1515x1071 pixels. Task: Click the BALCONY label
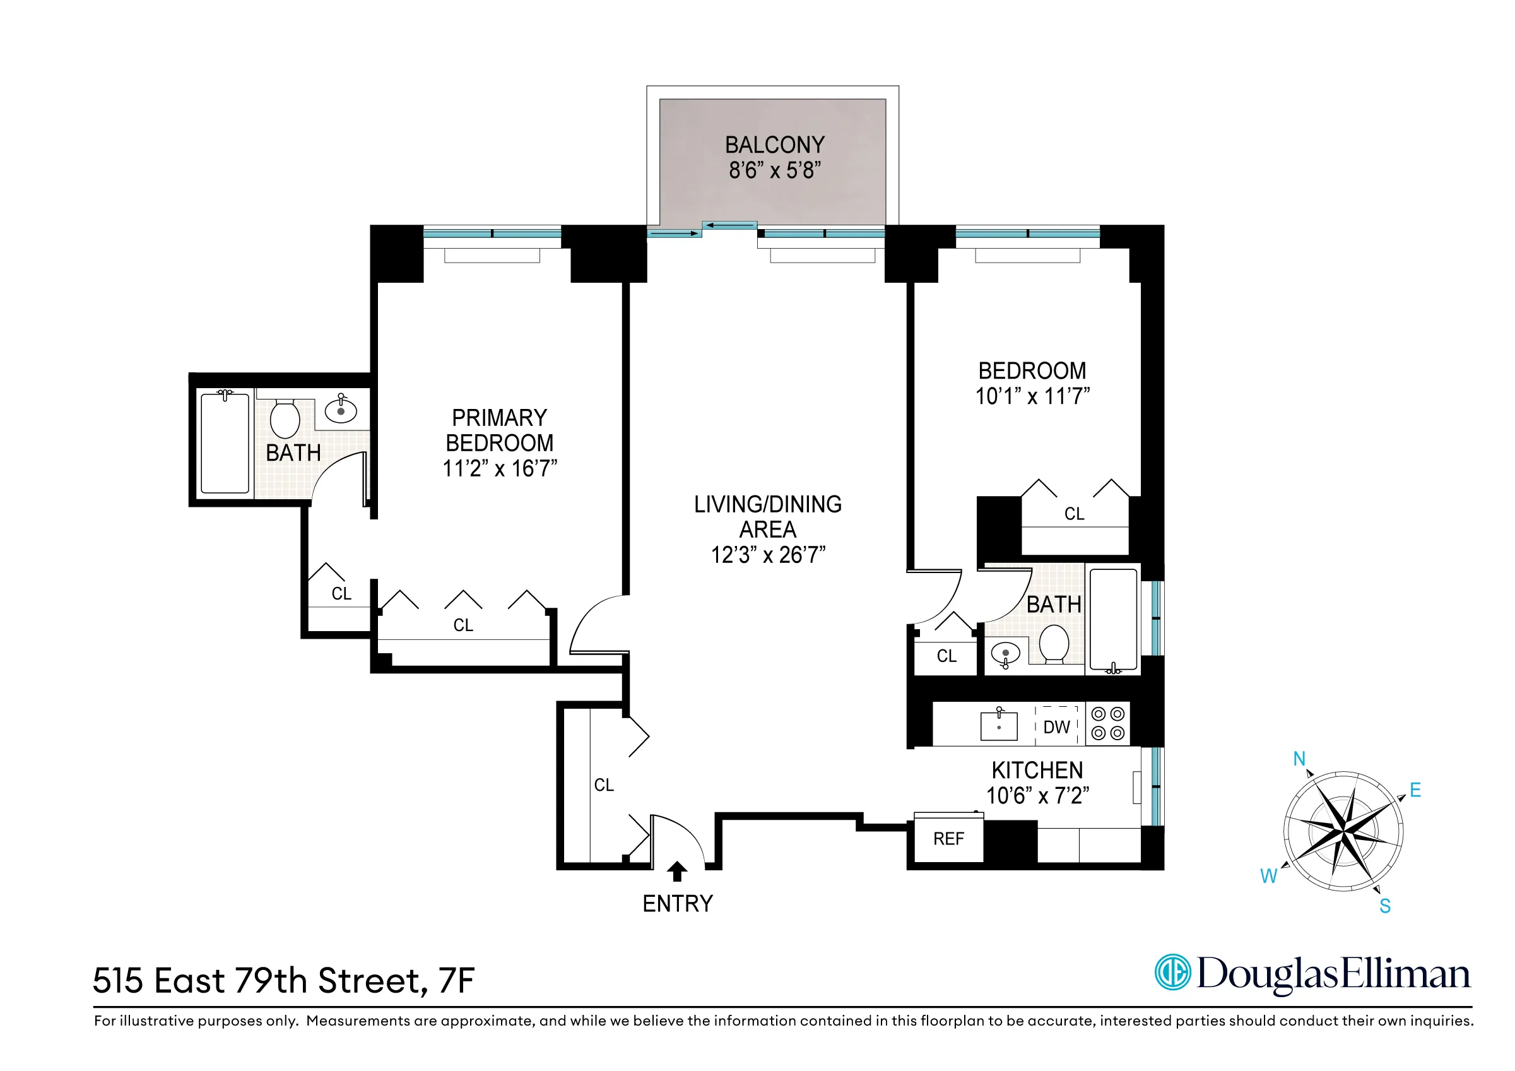[775, 145]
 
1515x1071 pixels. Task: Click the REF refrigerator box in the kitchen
[948, 839]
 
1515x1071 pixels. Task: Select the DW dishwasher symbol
[1056, 726]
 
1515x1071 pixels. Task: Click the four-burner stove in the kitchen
[1108, 723]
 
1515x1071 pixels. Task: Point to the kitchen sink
[999, 725]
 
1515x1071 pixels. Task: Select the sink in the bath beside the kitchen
[1005, 654]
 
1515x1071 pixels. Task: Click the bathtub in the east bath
[1114, 619]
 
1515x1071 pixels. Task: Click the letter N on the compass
[1299, 759]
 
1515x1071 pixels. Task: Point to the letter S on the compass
[1385, 906]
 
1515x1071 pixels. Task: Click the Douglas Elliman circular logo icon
[1172, 972]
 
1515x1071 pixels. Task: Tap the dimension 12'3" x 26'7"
[768, 555]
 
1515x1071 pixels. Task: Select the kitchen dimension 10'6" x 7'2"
[1037, 796]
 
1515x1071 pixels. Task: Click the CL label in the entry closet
[604, 784]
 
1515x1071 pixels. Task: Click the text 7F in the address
[456, 981]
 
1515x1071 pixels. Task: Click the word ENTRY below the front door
[678, 903]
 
